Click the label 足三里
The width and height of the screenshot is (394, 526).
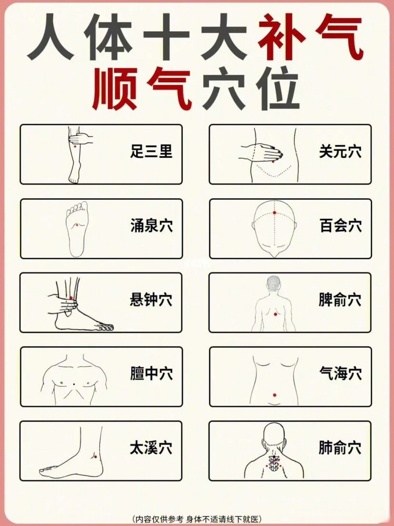click(x=151, y=152)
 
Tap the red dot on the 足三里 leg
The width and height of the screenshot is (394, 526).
click(x=75, y=146)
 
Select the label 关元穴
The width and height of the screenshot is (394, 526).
click(x=340, y=152)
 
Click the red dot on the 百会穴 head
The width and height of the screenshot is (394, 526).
click(x=274, y=213)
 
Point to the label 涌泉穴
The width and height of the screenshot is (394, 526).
click(x=151, y=226)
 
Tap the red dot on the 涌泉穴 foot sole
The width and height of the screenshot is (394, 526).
click(x=76, y=224)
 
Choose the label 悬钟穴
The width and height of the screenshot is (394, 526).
click(x=151, y=300)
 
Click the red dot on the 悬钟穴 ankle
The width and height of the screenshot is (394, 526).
click(x=71, y=298)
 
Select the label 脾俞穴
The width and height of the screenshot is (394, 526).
click(x=340, y=300)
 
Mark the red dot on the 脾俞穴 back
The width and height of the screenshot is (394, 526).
click(x=276, y=314)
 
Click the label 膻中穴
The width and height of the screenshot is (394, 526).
click(x=151, y=374)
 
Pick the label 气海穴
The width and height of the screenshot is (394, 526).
click(x=340, y=374)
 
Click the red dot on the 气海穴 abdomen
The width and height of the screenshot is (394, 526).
click(x=274, y=395)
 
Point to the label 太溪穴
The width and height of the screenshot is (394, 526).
click(x=151, y=448)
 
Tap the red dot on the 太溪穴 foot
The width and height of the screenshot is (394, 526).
click(x=95, y=457)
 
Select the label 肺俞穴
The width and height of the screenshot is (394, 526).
click(x=340, y=448)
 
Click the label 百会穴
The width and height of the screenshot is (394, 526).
click(x=340, y=226)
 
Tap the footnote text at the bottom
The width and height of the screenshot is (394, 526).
click(x=197, y=519)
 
